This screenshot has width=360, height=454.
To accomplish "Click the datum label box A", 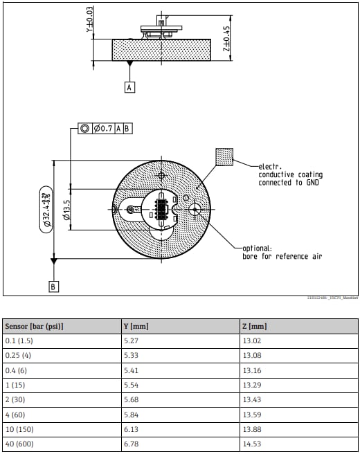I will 129,87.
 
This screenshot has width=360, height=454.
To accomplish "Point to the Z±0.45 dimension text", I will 226,40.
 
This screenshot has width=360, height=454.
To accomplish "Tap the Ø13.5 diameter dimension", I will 66,209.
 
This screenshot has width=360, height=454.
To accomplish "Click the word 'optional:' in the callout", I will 258,248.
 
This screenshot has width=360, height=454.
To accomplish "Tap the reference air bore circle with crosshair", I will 195,208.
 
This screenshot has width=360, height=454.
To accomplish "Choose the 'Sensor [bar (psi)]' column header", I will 34,326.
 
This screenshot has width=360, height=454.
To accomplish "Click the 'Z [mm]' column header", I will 256,326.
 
